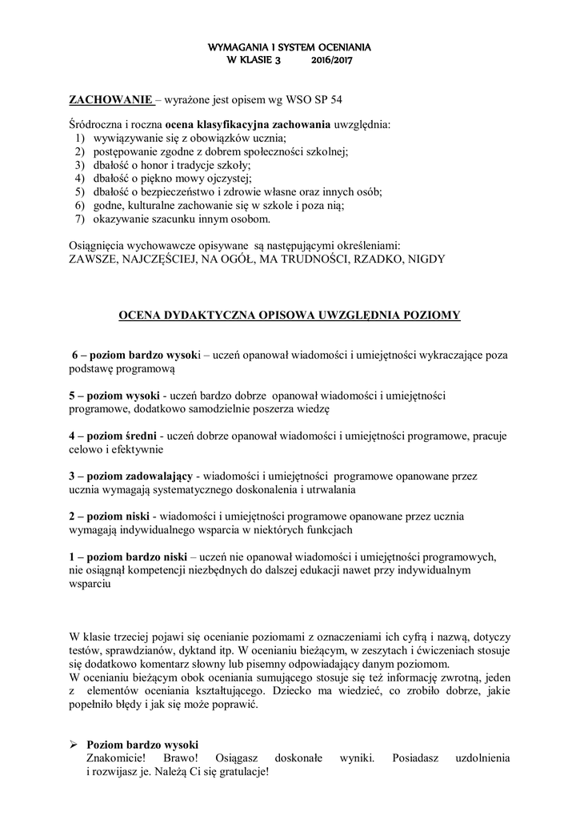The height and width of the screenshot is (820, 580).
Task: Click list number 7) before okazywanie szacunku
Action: click(x=79, y=219)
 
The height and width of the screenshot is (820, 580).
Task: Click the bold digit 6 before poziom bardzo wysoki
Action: click(x=75, y=355)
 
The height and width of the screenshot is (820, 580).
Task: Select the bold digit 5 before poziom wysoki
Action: click(x=70, y=395)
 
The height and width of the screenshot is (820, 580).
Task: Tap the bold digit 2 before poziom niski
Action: click(x=70, y=515)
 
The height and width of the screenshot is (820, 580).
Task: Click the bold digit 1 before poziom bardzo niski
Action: click(x=70, y=555)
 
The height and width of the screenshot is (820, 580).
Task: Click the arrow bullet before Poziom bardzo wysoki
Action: click(x=72, y=744)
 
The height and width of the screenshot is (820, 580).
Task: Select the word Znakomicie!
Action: click(x=116, y=758)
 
